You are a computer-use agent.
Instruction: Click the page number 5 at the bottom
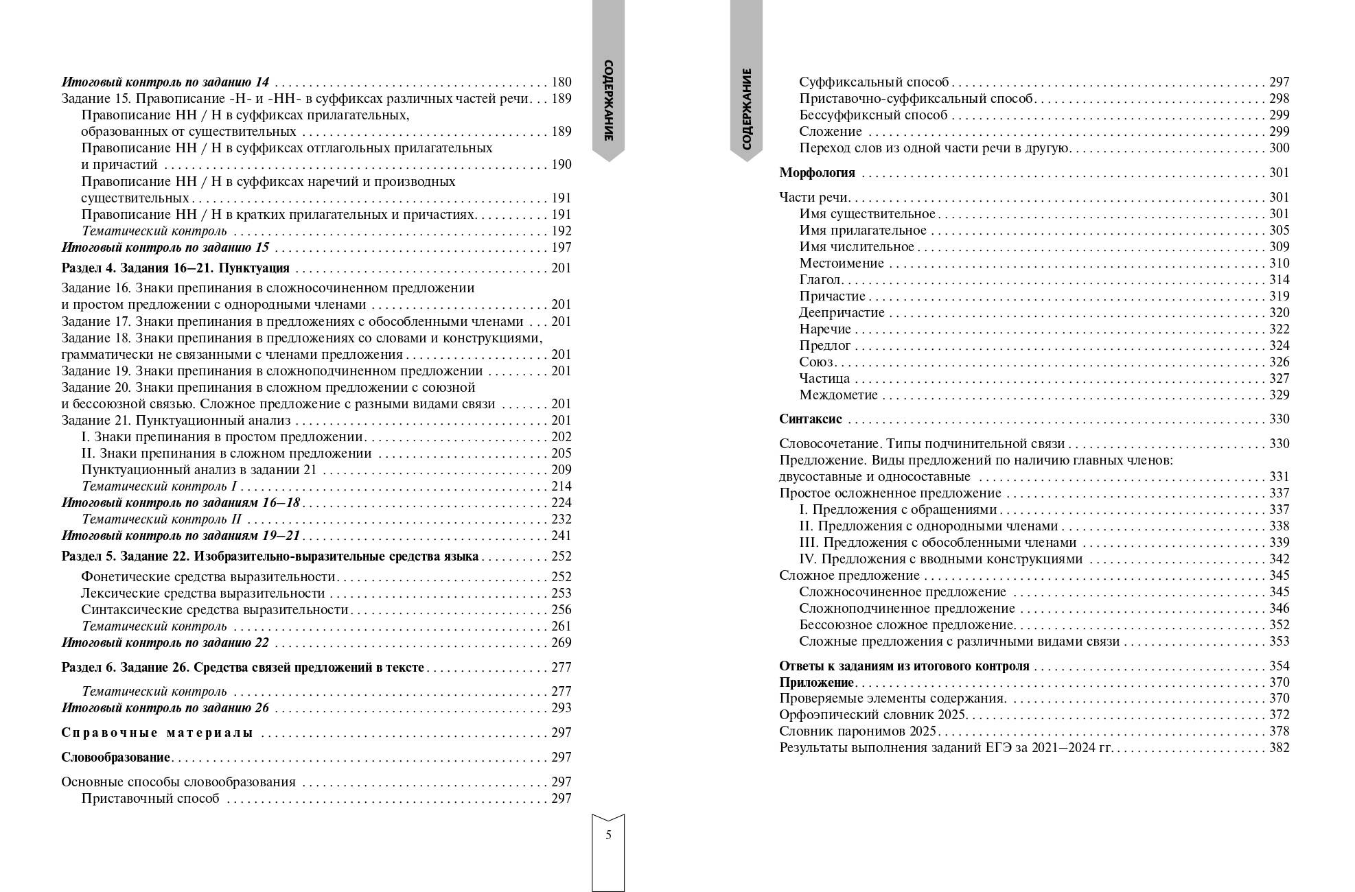pos(608,835)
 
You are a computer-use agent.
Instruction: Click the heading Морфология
pos(817,173)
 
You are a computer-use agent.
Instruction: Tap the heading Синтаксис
pos(810,419)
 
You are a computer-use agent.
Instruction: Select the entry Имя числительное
pos(857,247)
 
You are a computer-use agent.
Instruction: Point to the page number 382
pos(1279,748)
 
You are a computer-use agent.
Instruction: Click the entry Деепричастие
pos(842,313)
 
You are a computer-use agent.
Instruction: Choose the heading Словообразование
pos(115,758)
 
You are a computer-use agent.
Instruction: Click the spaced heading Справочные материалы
pos(157,733)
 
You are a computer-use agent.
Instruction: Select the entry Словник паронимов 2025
pos(858,731)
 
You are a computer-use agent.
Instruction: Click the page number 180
pos(561,82)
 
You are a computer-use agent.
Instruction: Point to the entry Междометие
pos(838,395)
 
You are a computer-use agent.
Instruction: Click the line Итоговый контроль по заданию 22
pos(165,643)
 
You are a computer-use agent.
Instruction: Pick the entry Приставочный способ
pos(150,799)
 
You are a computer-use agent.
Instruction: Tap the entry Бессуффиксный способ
pos(873,115)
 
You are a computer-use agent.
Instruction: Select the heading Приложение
pos(816,683)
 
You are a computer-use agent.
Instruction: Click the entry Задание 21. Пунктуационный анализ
pos(176,421)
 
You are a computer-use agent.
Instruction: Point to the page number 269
pos(561,643)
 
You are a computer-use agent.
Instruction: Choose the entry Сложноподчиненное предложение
pos(907,609)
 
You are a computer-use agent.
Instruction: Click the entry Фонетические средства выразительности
pos(208,577)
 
